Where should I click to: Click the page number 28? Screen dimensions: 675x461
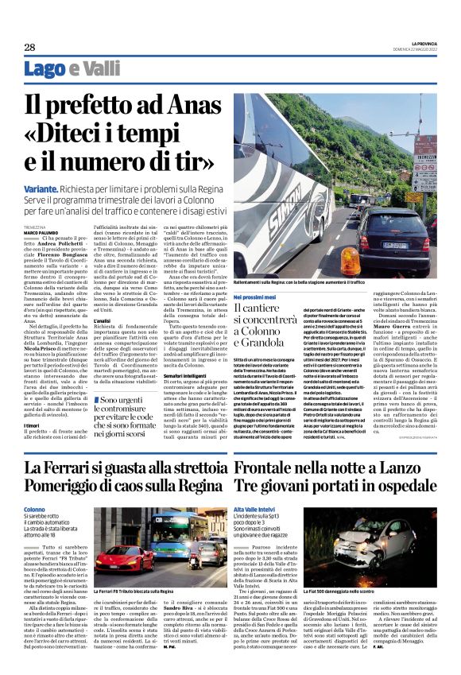pyautogui.click(x=29, y=47)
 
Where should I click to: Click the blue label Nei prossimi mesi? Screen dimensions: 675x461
pyautogui.click(x=254, y=296)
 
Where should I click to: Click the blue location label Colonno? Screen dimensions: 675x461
pyautogui.click(x=35, y=509)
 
